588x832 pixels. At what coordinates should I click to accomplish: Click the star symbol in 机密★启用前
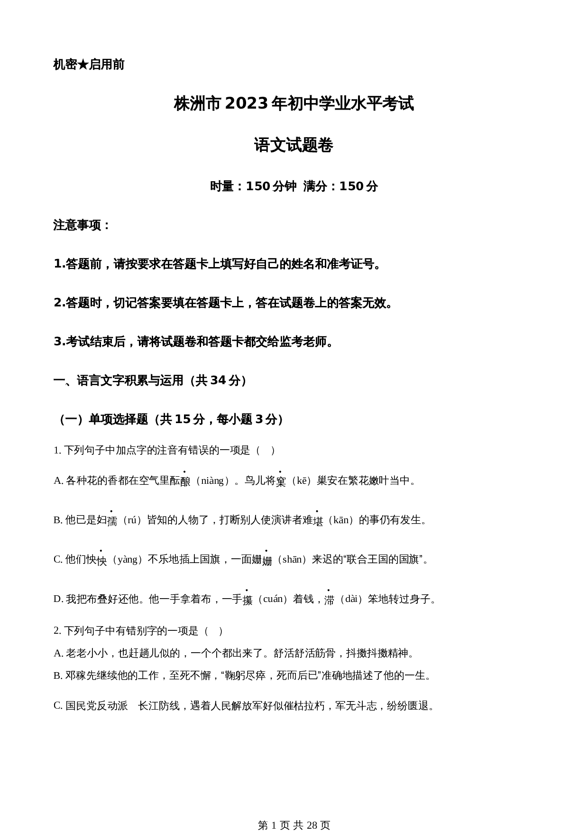pyautogui.click(x=83, y=65)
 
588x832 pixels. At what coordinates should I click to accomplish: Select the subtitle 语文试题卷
pyautogui.click(x=294, y=145)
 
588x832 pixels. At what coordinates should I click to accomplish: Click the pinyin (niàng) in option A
pyautogui.click(x=212, y=481)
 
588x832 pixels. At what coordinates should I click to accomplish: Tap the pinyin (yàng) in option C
pyautogui.click(x=127, y=560)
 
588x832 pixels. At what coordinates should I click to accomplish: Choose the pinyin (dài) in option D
pyautogui.click(x=351, y=599)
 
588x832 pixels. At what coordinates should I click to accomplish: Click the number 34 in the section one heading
pyautogui.click(x=218, y=380)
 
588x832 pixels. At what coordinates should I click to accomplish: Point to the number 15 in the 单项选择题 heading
pyautogui.click(x=183, y=419)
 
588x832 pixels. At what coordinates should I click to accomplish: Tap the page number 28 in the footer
pyautogui.click(x=312, y=812)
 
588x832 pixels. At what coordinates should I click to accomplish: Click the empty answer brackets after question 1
pyautogui.click(x=266, y=451)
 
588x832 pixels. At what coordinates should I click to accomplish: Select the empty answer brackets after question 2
pyautogui.click(x=213, y=631)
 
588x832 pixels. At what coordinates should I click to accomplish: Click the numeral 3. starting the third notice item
pyautogui.click(x=59, y=342)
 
